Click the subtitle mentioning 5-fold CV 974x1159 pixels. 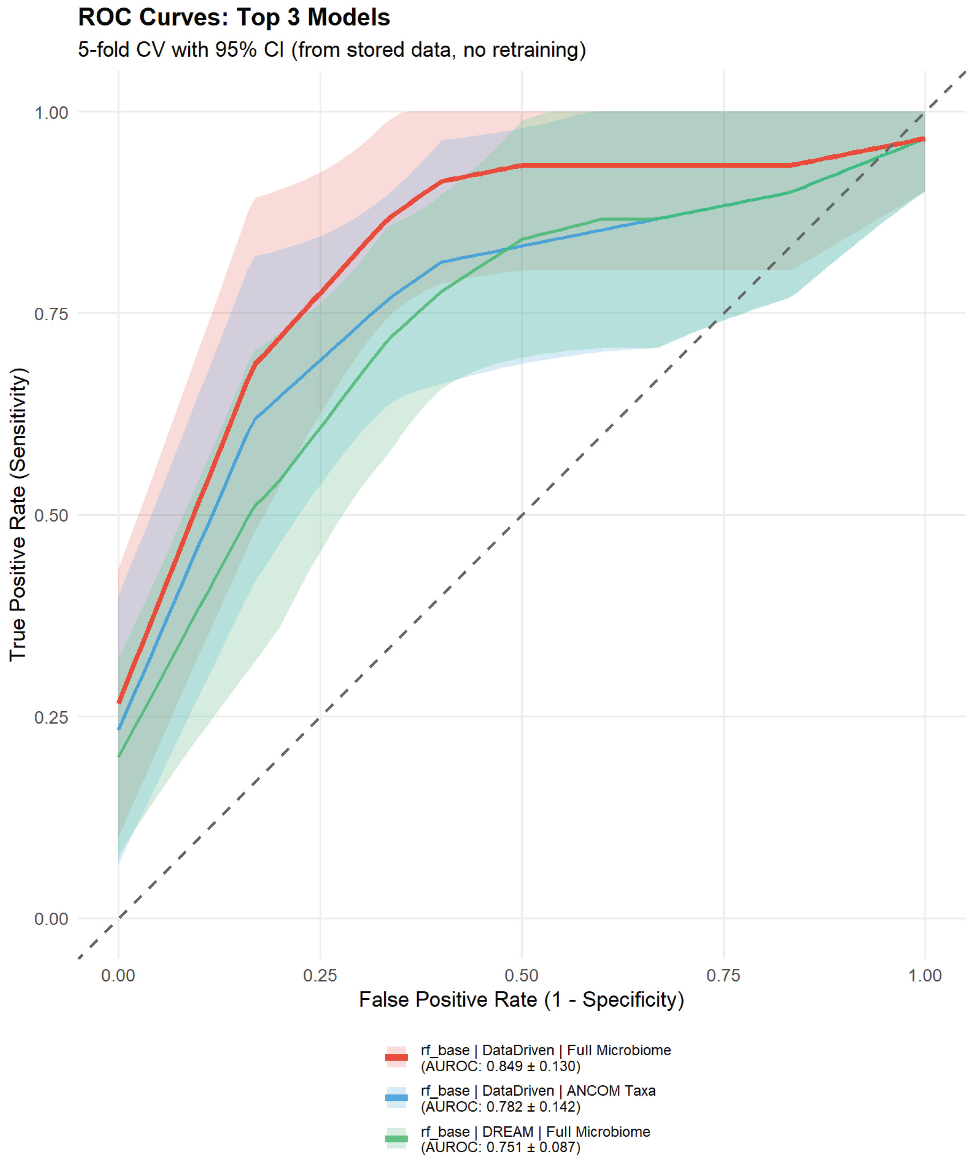coord(331,50)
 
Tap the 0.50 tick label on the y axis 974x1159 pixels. coord(51,516)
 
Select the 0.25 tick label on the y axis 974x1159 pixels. coord(51,717)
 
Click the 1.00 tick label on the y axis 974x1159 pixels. coord(51,113)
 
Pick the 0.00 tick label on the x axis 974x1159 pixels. coord(118,975)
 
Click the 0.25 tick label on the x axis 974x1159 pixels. coord(320,975)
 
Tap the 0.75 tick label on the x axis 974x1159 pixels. coord(723,975)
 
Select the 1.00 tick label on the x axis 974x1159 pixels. coord(925,975)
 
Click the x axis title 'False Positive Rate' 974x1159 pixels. coord(521,999)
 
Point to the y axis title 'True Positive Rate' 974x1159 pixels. coord(18,515)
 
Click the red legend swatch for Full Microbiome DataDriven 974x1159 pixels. coord(396,1057)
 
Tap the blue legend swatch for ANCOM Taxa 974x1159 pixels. coord(396,1097)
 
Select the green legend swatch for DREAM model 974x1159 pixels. coord(396,1138)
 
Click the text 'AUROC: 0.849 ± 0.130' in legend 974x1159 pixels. coord(501,1066)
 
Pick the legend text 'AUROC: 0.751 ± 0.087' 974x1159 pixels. coord(501,1147)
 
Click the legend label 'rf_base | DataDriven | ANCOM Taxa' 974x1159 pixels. coord(538,1091)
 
